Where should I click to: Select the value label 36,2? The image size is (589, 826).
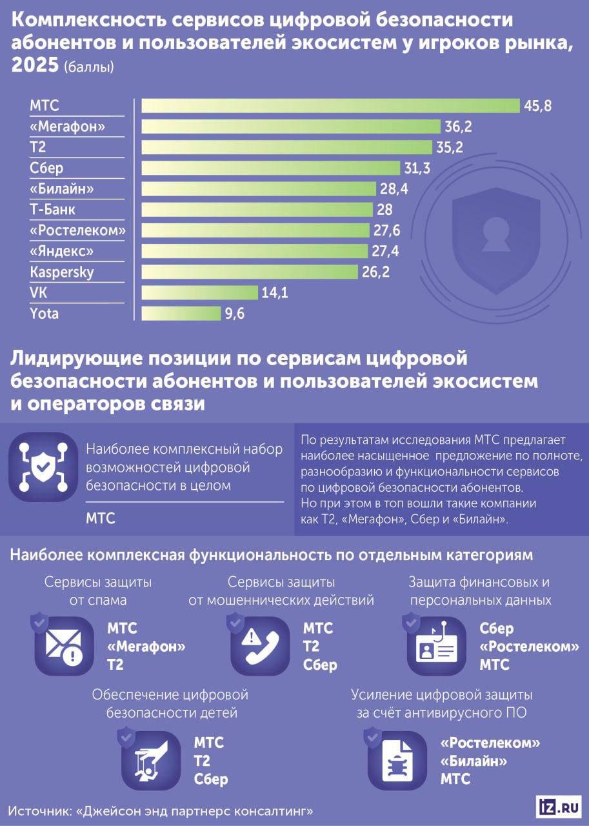tap(457, 127)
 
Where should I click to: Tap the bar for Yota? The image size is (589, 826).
tap(181, 314)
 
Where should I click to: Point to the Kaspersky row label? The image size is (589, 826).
tap(62, 272)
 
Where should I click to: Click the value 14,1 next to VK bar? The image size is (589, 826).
tap(275, 293)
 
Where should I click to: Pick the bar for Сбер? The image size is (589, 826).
tap(271, 168)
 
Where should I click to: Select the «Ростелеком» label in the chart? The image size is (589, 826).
tap(77, 230)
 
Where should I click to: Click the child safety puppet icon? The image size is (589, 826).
tap(150, 760)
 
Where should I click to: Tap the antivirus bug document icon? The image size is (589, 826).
tap(395, 760)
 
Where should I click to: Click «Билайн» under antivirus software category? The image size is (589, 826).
tap(473, 761)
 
